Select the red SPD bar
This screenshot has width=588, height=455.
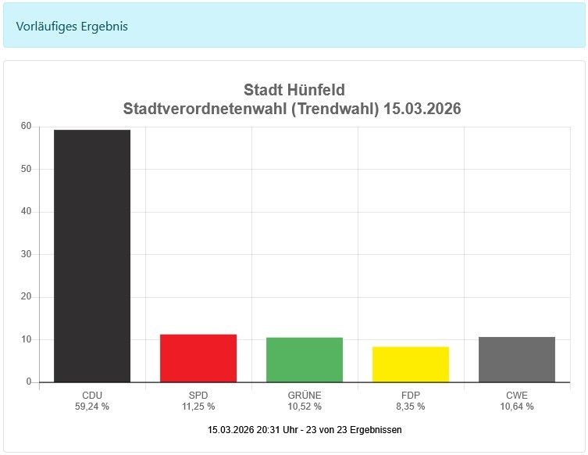(198, 358)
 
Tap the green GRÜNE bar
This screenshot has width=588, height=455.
(305, 360)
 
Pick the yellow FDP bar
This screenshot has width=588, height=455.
(411, 364)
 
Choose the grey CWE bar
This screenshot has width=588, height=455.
(517, 360)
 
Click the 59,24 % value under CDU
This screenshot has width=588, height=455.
(92, 407)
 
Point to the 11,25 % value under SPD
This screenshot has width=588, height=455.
(198, 407)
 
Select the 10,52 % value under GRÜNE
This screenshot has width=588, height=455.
(305, 407)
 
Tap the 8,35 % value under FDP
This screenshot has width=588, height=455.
(411, 407)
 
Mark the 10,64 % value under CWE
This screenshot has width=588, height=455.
(517, 407)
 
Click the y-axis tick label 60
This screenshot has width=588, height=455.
(26, 127)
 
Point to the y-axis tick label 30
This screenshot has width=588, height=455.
(26, 254)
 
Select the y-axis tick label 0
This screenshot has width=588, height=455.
(29, 382)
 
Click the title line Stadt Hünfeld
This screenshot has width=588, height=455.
(294, 90)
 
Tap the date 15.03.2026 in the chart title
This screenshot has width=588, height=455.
(422, 109)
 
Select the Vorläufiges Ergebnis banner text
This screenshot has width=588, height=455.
(72, 27)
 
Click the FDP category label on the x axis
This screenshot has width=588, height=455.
(411, 395)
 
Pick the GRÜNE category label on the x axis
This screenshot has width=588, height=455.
(305, 395)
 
